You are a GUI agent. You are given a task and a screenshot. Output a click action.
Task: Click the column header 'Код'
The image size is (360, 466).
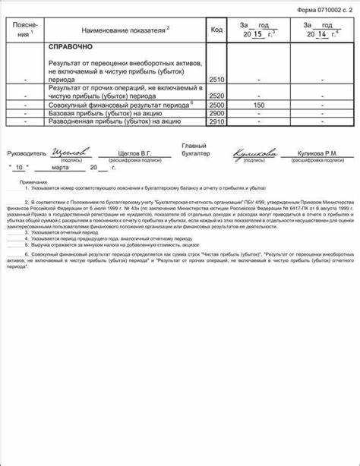pos(216,30)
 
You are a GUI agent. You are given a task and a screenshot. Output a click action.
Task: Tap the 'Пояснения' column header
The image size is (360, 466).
pos(27,30)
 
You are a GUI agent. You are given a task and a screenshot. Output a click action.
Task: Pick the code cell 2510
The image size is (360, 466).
pos(216,79)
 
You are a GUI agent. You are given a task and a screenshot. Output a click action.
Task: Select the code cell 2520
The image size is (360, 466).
pos(216,96)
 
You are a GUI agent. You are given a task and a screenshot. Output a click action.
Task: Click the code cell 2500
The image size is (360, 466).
pos(216,105)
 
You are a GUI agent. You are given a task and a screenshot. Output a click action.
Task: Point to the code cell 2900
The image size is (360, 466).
pos(216,113)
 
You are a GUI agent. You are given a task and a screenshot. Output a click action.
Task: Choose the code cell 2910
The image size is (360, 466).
pos(216,121)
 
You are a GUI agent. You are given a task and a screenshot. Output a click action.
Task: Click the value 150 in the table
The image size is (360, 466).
pos(258,105)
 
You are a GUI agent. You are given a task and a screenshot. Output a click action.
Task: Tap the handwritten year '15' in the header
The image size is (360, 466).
pos(257,34)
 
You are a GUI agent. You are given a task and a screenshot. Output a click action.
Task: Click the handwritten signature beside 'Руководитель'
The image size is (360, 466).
pos(71,151)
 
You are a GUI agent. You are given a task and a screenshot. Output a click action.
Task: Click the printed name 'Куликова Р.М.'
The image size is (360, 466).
pos(318,153)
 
